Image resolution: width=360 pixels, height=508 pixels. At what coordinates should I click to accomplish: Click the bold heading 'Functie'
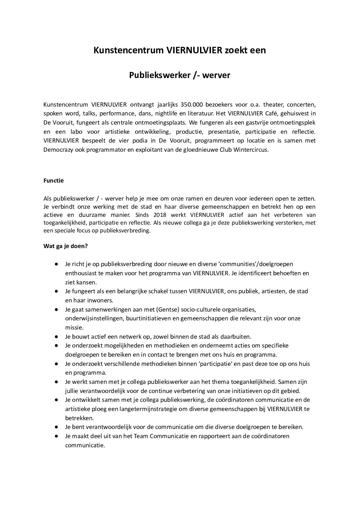[x=53, y=181]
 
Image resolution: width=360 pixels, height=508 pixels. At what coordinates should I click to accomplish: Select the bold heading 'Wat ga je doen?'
[x=66, y=246]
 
